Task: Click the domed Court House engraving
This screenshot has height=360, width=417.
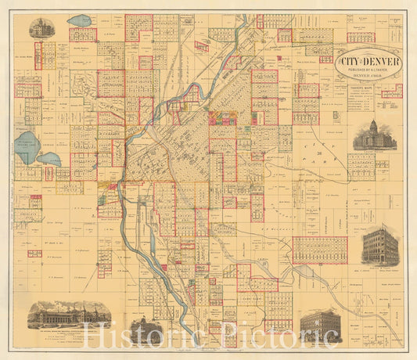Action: [x=376, y=135]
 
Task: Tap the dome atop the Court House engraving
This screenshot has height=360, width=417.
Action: [x=376, y=125]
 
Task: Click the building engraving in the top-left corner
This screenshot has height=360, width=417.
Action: [x=38, y=28]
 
